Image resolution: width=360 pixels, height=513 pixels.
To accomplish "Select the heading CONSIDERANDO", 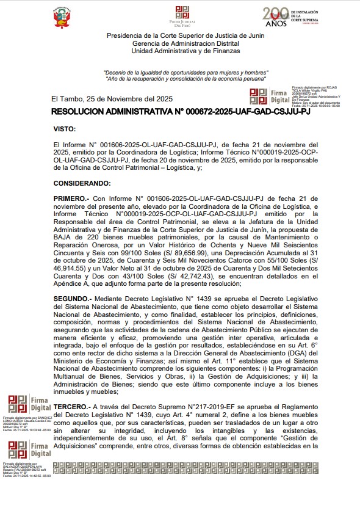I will pos(82,183).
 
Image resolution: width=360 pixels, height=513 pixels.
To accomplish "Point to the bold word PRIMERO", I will pos(71,199).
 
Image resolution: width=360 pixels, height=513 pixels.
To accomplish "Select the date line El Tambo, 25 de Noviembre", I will pos(112,99).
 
